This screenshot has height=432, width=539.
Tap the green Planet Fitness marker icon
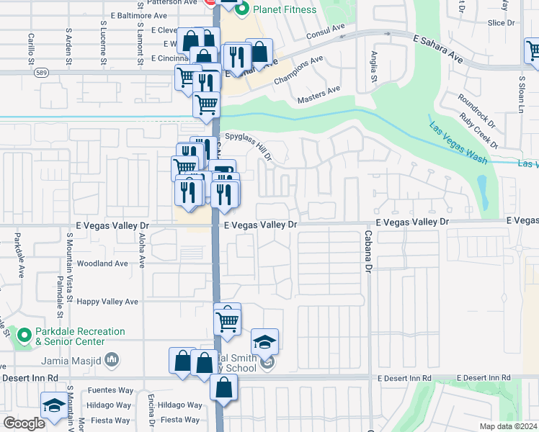pos(242,9)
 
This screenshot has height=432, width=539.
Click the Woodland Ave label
pos(102,264)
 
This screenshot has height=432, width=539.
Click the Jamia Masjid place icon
pos(112,359)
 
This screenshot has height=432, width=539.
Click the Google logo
pos(24,423)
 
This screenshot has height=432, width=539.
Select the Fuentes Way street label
pos(110,390)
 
